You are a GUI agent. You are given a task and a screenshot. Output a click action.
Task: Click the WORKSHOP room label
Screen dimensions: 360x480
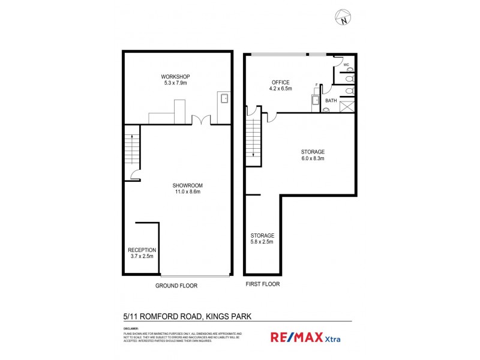pyautogui.click(x=175, y=77)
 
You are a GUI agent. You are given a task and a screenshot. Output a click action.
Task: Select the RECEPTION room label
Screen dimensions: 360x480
pyautogui.click(x=142, y=250)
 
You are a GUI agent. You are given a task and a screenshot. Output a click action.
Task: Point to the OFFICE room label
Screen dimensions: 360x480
pyautogui.click(x=281, y=82)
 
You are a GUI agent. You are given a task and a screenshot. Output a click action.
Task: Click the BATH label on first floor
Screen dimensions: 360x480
pyautogui.click(x=331, y=101)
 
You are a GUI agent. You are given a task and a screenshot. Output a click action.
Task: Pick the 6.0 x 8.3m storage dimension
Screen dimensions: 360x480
pyautogui.click(x=313, y=159)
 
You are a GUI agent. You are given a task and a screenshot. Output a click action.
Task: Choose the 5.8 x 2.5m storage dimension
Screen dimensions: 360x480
pyautogui.click(x=262, y=242)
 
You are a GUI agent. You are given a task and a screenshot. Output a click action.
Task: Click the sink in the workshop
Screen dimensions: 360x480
pyautogui.click(x=224, y=98)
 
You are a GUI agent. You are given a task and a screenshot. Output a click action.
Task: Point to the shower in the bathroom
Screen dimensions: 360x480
pyautogui.click(x=347, y=107)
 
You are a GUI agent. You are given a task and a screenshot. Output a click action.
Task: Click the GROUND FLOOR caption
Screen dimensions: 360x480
pyautogui.click(x=176, y=286)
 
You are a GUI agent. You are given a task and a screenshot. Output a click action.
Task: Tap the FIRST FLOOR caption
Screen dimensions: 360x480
pyautogui.click(x=262, y=284)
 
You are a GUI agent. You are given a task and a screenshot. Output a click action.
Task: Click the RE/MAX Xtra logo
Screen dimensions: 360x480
pyautogui.click(x=298, y=338)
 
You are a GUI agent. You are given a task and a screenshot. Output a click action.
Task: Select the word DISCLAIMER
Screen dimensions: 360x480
pyautogui.click(x=131, y=328)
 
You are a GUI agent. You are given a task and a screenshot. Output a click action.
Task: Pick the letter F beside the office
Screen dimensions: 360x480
pyautogui.click(x=316, y=85)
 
